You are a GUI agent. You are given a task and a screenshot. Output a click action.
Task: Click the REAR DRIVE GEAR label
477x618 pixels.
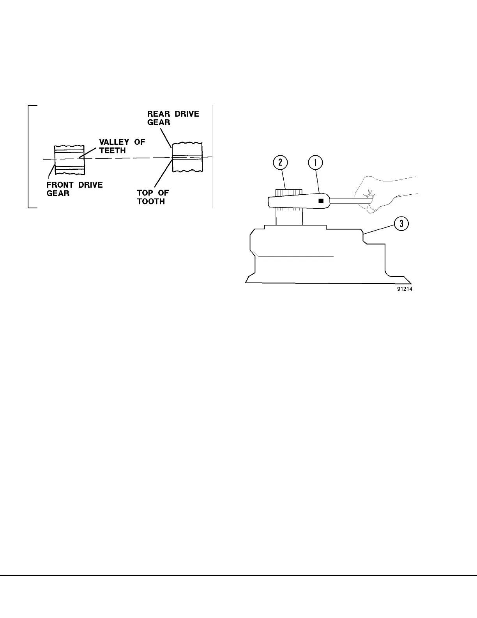click(173, 118)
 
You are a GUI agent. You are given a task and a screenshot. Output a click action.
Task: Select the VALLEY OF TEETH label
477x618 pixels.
click(122, 146)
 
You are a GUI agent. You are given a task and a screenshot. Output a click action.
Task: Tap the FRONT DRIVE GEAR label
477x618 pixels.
click(74, 189)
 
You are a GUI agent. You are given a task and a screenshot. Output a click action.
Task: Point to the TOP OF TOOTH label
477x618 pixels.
click(153, 197)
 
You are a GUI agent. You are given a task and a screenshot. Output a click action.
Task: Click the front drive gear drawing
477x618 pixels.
click(69, 159)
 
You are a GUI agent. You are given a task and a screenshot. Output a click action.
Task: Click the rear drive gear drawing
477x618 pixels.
click(187, 157)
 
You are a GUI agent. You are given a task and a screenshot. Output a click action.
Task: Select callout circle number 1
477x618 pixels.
click(316, 163)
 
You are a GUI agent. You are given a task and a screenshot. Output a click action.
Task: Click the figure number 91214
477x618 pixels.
click(405, 289)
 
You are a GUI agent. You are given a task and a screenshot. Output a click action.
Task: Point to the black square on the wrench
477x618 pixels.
click(321, 201)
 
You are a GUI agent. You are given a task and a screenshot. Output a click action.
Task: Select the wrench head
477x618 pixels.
click(288, 201)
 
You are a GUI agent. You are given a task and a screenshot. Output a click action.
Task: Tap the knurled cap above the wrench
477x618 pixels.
click(289, 192)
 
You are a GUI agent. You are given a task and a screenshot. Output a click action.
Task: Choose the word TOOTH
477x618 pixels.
click(151, 201)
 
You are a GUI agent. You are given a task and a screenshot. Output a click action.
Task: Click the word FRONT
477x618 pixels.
click(60, 185)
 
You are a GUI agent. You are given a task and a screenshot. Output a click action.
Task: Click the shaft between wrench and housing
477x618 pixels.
click(289, 217)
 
